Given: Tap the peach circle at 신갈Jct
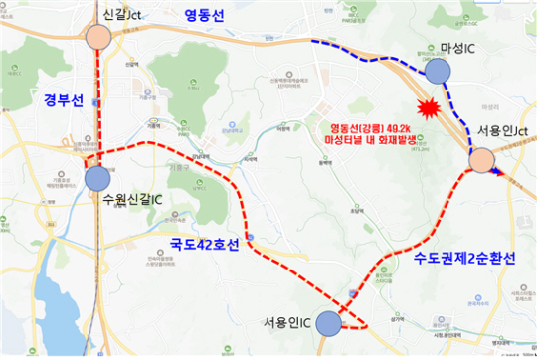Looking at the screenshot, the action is point(97,37).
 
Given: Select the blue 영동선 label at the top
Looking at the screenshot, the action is point(206,15).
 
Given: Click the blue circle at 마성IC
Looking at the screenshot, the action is point(439,70).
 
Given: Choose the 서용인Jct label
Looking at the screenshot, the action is point(502,131).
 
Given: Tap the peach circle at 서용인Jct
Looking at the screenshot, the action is point(481,161).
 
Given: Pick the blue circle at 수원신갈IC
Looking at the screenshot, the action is point(97,178).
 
